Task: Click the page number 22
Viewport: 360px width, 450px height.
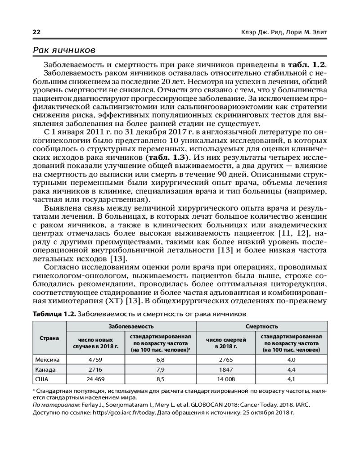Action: click(x=36, y=32)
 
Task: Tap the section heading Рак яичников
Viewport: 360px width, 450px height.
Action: click(x=63, y=50)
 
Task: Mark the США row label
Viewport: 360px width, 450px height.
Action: click(x=41, y=379)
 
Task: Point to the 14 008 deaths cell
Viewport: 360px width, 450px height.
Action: click(x=226, y=379)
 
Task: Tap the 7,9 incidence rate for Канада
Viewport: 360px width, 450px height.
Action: click(x=160, y=369)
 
